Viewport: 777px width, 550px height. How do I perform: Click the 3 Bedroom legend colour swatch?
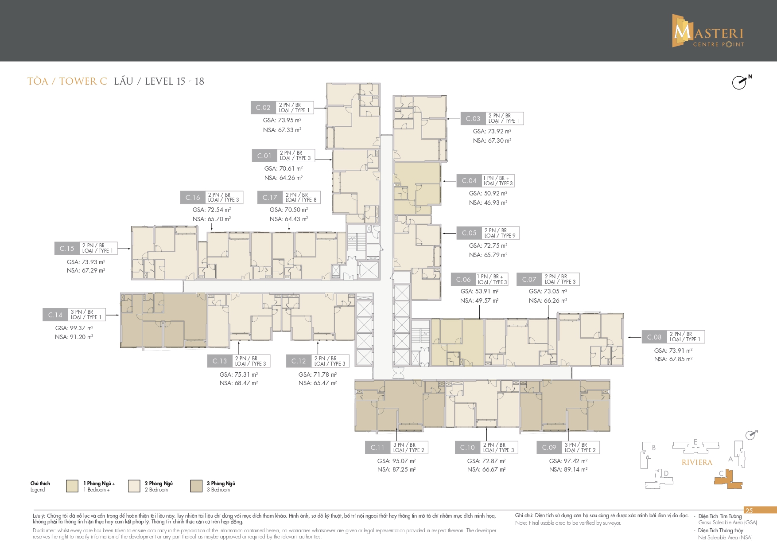point(196,486)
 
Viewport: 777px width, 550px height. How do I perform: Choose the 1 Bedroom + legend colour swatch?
point(72,486)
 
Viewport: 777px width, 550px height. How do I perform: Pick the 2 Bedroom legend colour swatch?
point(134,486)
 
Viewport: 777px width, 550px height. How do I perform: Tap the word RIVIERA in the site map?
point(697,462)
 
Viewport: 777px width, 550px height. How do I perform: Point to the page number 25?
point(749,511)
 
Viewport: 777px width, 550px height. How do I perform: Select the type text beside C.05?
point(500,233)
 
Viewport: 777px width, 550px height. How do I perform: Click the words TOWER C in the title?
point(83,81)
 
